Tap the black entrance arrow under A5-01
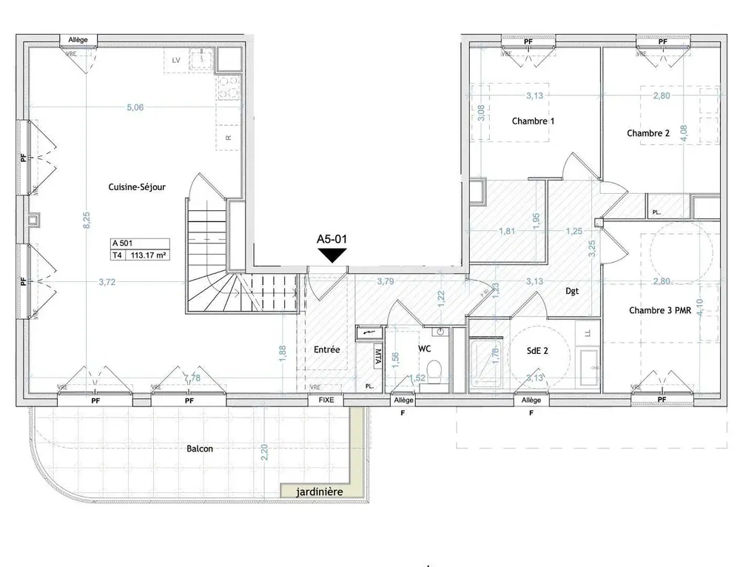pos(332,255)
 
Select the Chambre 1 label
pos(533,121)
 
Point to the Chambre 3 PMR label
pos(660,311)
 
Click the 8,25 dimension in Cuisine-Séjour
pos(87,220)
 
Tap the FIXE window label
pos(326,400)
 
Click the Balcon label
pos(201,449)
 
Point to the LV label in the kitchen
pos(176,59)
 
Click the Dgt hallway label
pos(572,292)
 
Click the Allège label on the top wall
pos(78,39)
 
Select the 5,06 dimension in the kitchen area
pos(135,107)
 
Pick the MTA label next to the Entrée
pos(378,357)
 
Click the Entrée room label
pos(326,349)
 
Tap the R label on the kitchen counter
pos(229,138)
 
